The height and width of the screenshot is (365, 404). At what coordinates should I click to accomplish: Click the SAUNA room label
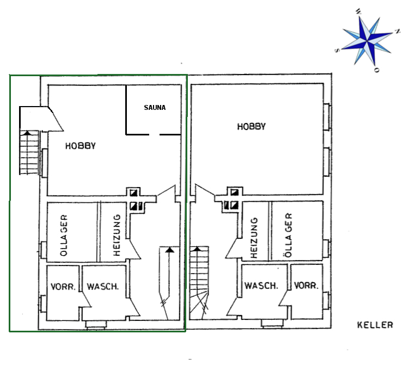(155, 108)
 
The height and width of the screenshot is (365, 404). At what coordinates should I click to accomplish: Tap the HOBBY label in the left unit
(81, 146)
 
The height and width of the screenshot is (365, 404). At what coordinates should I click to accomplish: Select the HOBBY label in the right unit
(251, 127)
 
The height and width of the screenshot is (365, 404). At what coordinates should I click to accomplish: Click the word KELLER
(375, 325)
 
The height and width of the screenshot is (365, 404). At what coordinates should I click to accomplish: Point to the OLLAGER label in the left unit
(64, 236)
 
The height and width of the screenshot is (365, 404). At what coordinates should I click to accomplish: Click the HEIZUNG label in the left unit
(117, 236)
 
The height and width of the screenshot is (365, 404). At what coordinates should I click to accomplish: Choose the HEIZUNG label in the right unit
(254, 238)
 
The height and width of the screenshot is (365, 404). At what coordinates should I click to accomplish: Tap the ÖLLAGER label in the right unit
(289, 235)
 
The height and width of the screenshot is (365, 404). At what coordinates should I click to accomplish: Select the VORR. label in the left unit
(63, 287)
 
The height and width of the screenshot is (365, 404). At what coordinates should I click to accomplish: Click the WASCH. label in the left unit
(103, 287)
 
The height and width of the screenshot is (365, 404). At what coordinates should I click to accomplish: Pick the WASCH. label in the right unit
(261, 286)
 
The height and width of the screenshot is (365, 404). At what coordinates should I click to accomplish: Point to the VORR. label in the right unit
(306, 286)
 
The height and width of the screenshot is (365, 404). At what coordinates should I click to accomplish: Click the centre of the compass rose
(366, 41)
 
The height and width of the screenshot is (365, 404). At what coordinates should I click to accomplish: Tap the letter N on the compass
(397, 32)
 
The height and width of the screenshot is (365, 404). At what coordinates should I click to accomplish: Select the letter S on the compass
(337, 51)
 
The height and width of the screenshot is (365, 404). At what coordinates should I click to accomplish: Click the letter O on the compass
(377, 70)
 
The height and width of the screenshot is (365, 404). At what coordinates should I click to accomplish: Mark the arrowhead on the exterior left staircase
(27, 133)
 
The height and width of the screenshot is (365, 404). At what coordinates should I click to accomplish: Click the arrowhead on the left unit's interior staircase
(169, 250)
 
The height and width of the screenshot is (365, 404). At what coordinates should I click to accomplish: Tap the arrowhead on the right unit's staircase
(197, 249)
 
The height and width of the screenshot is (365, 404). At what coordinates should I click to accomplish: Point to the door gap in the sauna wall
(154, 134)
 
